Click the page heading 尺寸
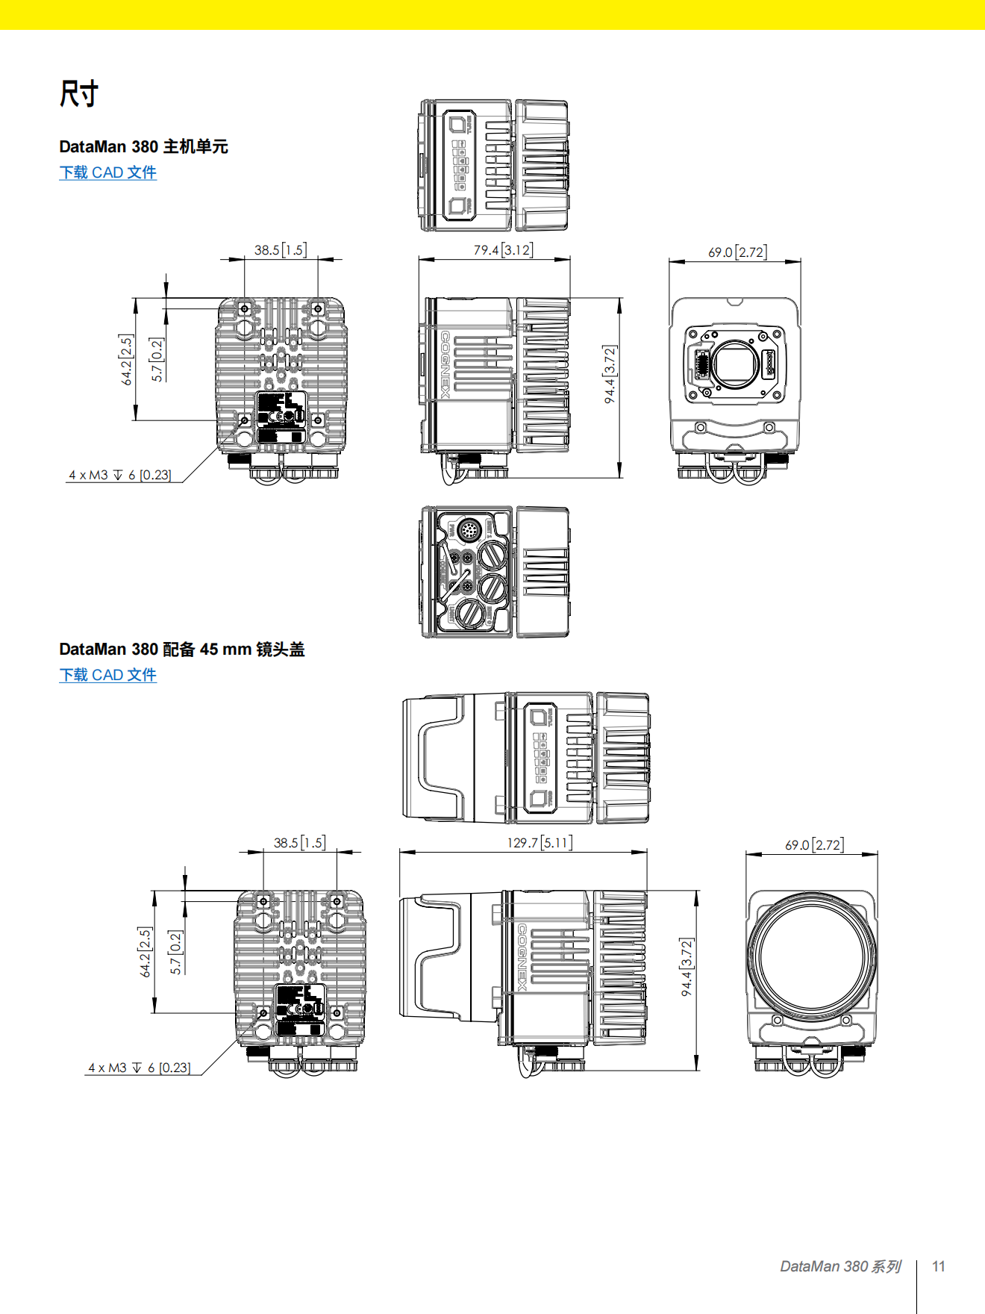[x=78, y=94]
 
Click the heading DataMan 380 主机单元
[x=143, y=146]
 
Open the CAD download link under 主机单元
[x=107, y=172]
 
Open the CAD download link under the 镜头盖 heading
[x=107, y=675]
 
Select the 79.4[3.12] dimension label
[x=503, y=249]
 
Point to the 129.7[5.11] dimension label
[x=540, y=842]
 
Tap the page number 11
[x=939, y=1266]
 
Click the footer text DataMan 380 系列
[x=840, y=1266]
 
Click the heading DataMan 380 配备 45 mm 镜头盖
[x=181, y=649]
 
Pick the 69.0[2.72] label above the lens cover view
[x=814, y=844]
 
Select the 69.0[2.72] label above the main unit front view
[x=737, y=252]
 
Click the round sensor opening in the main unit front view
[x=736, y=364]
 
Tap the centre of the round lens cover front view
[x=812, y=956]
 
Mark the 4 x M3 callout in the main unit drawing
[x=120, y=475]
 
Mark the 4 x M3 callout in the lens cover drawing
[x=140, y=1068]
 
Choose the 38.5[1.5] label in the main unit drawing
[x=280, y=249]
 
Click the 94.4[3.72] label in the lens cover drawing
[x=687, y=967]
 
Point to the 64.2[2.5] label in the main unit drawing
[x=126, y=360]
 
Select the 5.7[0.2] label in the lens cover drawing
[x=175, y=952]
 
